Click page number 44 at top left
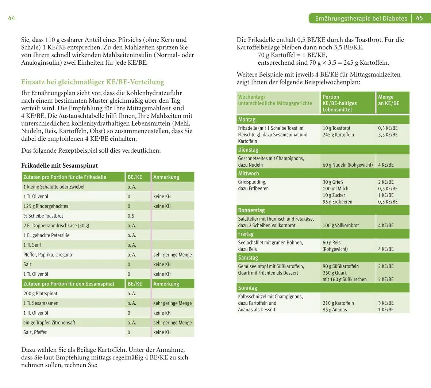(11, 18)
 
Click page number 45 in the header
(419, 18)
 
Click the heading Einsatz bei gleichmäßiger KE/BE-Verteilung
(93, 82)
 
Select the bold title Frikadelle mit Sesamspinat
(59, 166)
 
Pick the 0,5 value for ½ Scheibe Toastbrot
(131, 216)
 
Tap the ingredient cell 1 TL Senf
(32, 245)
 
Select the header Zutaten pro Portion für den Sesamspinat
(69, 284)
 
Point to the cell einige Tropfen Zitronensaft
(49, 323)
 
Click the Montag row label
(247, 119)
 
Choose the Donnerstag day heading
(251, 210)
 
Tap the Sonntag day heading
(247, 288)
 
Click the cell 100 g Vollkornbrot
(340, 225)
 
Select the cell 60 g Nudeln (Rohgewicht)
(347, 165)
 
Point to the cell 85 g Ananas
(335, 310)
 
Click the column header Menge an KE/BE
(389, 100)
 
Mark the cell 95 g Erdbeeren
(337, 202)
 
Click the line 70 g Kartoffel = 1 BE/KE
(292, 55)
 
